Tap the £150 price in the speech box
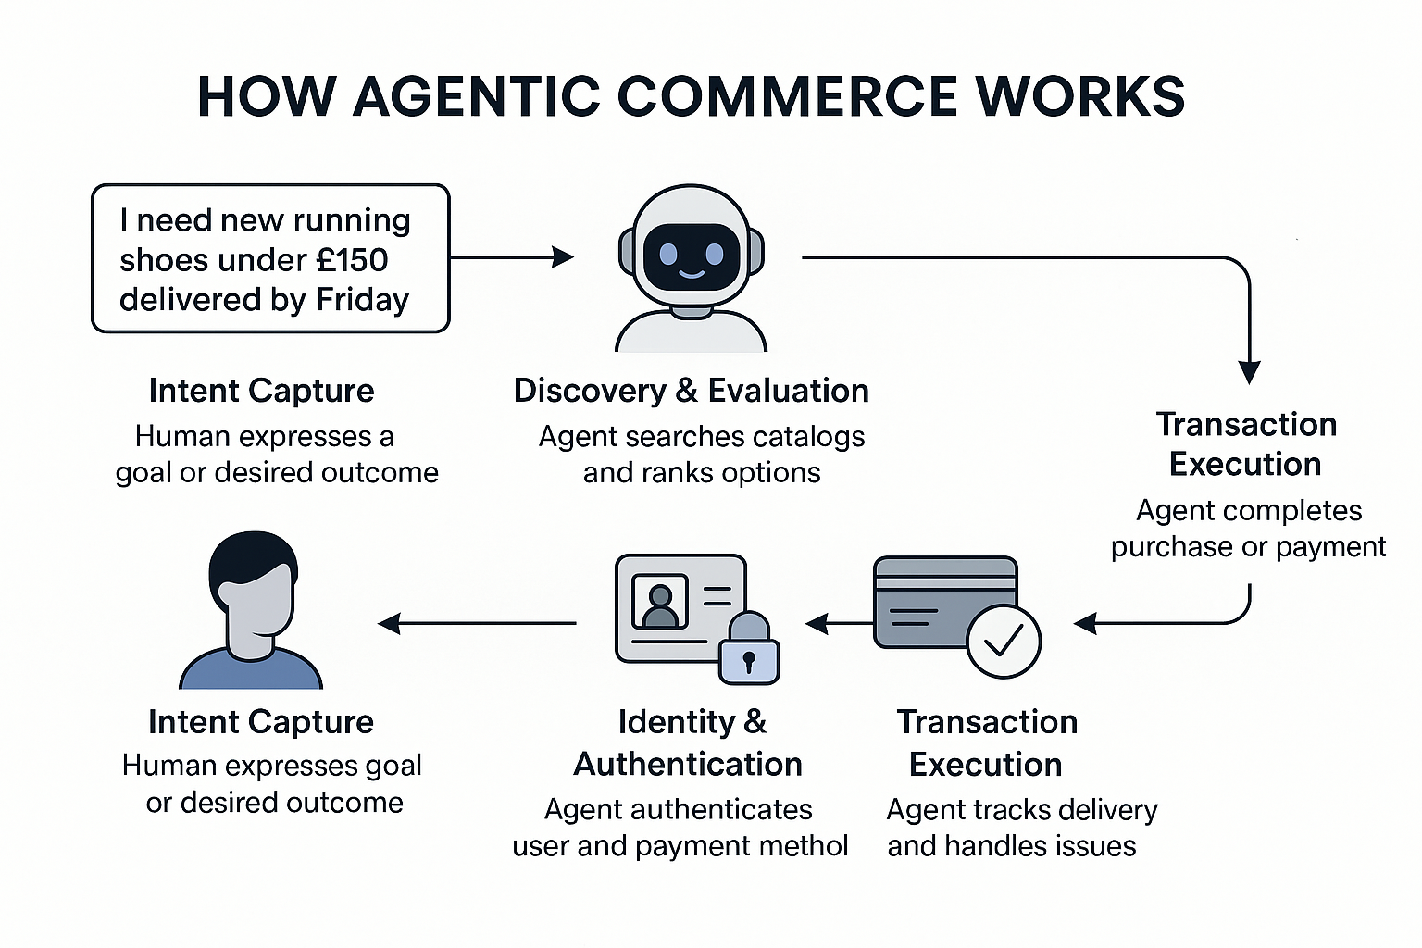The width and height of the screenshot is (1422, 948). [x=352, y=260]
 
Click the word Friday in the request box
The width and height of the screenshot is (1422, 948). [x=362, y=300]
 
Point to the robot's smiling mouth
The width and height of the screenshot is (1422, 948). [x=692, y=272]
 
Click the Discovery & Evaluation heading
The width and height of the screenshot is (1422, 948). [x=691, y=391]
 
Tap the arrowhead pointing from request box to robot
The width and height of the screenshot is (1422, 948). [x=563, y=257]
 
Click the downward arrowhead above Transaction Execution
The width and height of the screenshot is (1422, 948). [x=1249, y=372]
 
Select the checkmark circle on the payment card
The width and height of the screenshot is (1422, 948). [x=1004, y=641]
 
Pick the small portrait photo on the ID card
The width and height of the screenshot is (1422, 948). [x=659, y=602]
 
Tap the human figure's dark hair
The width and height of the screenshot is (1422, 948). [x=252, y=560]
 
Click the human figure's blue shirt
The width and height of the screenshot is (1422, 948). [x=251, y=670]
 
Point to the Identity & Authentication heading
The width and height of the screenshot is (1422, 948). [x=689, y=742]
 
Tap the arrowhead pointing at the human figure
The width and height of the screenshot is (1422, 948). [x=389, y=624]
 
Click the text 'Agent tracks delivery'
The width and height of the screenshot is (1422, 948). [x=1021, y=810]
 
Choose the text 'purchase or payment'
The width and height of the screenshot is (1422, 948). [x=1248, y=547]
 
